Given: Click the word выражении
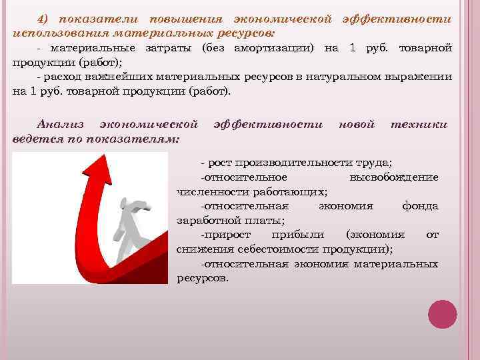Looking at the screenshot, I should tap(422, 78).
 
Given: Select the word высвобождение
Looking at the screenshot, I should tap(393, 177).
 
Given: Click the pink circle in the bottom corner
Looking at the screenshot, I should tap(441, 314).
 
